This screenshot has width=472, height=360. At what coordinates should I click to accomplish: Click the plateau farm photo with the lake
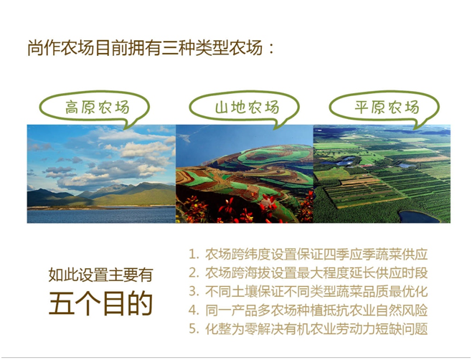(101, 174)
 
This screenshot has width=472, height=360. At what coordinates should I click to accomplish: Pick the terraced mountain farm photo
(245, 174)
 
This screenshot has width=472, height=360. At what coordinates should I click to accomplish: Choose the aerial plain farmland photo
(382, 174)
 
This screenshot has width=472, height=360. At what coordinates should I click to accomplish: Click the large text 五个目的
(101, 303)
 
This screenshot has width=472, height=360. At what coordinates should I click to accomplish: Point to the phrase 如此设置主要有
(101, 275)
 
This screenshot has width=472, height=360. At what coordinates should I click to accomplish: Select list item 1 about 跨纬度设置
(308, 255)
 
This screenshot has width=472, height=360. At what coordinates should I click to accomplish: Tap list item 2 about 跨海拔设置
(308, 273)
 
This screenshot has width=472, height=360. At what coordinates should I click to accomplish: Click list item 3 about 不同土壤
(308, 291)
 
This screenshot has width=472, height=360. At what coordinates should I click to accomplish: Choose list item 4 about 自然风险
(308, 311)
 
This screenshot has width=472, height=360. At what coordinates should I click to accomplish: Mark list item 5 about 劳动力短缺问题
(308, 328)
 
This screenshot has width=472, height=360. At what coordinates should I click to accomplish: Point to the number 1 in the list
(192, 255)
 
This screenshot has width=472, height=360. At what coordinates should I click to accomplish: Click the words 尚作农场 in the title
(61, 48)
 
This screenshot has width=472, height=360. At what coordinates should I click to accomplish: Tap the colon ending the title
(271, 49)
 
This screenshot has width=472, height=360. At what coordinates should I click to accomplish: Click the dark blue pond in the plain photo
(417, 217)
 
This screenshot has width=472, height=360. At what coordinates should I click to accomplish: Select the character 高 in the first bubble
(72, 108)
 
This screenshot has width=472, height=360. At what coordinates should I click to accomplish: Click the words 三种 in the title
(179, 48)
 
